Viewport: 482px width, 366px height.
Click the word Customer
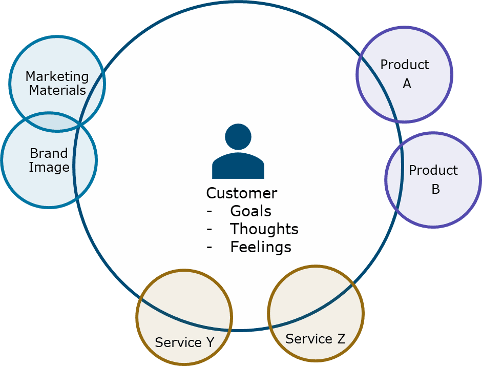[241, 193]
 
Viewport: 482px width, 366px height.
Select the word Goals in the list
[250, 211]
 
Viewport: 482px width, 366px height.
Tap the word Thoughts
[264, 229]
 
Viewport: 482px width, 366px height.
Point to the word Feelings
[260, 247]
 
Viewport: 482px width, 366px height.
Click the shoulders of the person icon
[238, 167]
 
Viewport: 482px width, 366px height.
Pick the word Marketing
[57, 77]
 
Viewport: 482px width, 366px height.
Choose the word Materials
[57, 91]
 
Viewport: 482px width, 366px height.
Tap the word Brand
[49, 153]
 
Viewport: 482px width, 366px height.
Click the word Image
[49, 168]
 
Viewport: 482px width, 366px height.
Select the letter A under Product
[407, 84]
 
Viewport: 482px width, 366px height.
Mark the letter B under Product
[435, 189]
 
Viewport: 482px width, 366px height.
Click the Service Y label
[184, 342]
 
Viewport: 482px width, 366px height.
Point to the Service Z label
[315, 339]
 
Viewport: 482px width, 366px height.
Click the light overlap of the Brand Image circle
[85, 161]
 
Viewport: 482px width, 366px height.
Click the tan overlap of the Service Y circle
[190, 302]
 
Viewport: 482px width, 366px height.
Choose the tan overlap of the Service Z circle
[307, 297]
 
